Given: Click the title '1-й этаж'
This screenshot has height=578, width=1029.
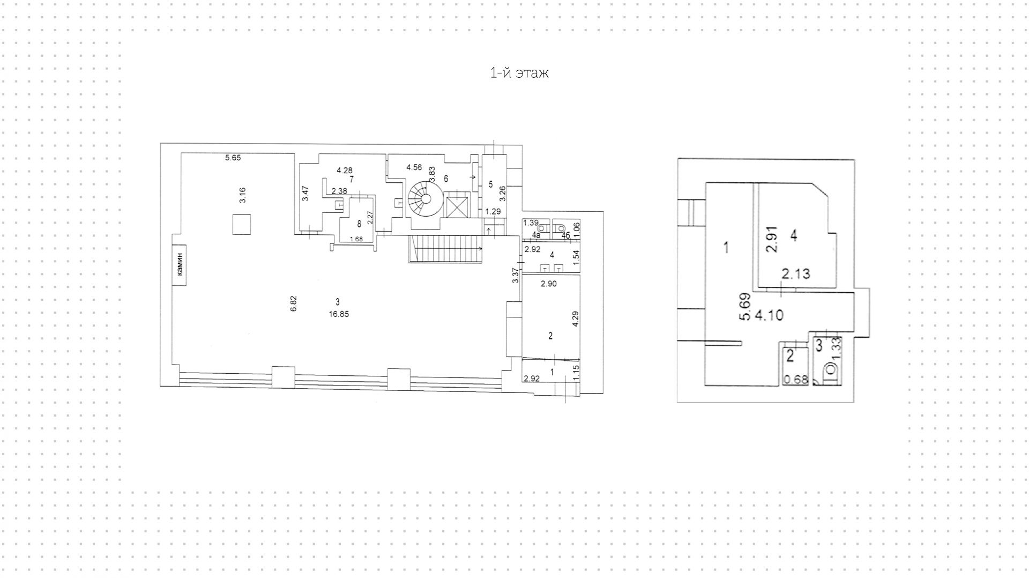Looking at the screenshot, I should (519, 73).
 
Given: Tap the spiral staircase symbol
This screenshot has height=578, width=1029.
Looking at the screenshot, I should (424, 199).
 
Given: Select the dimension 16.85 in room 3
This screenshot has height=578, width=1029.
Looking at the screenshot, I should (339, 314).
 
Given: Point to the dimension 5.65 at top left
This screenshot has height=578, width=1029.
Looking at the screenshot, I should (233, 158).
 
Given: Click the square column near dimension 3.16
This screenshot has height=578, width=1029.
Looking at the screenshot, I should (242, 224).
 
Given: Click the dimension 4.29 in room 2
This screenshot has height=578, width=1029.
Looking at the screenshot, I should (575, 320).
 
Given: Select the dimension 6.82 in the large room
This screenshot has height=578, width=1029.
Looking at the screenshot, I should (293, 303).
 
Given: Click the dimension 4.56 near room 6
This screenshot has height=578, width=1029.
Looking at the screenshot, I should (414, 167).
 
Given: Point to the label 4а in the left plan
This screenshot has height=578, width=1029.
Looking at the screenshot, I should (536, 235).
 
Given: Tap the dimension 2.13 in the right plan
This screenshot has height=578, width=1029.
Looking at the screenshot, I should (795, 275).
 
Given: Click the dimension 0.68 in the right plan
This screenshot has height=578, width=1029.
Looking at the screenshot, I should (795, 380).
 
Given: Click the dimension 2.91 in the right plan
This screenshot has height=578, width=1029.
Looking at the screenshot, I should (771, 240).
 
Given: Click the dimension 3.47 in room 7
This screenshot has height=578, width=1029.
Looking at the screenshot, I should (305, 193).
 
